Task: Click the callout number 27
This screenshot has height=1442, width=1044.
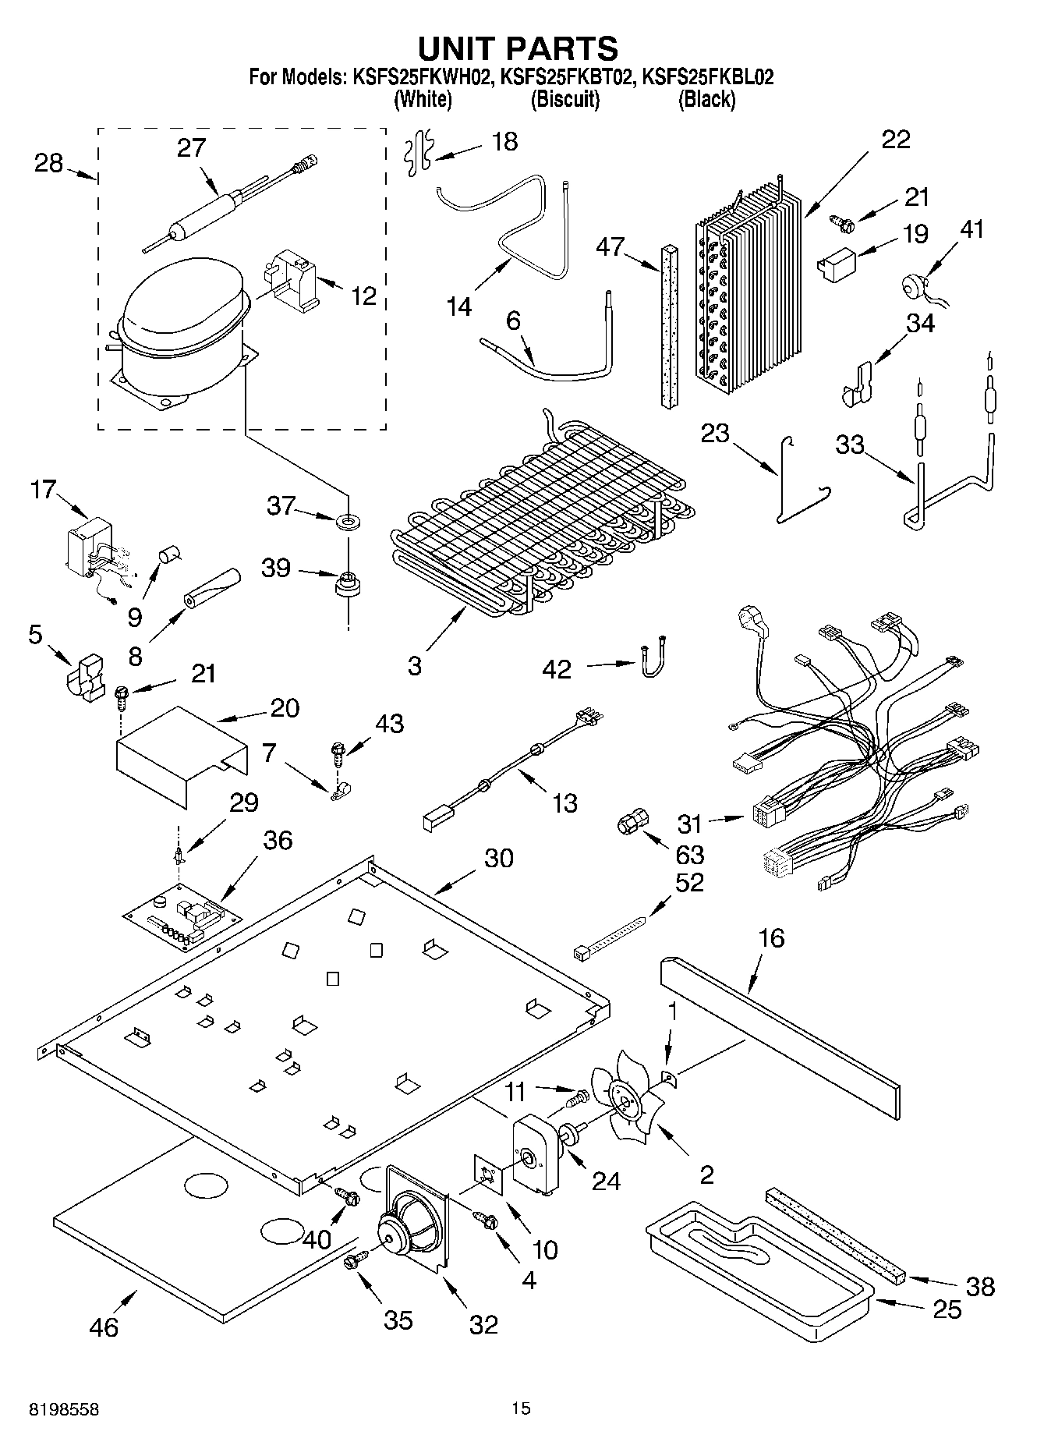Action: point(190,147)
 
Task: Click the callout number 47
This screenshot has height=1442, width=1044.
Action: point(610,247)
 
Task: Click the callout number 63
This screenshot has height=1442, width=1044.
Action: point(689,855)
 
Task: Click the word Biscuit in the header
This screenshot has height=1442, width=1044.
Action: point(564,100)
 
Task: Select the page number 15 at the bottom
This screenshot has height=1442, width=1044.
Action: point(521,1408)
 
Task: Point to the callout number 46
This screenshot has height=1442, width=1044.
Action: point(104,1326)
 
